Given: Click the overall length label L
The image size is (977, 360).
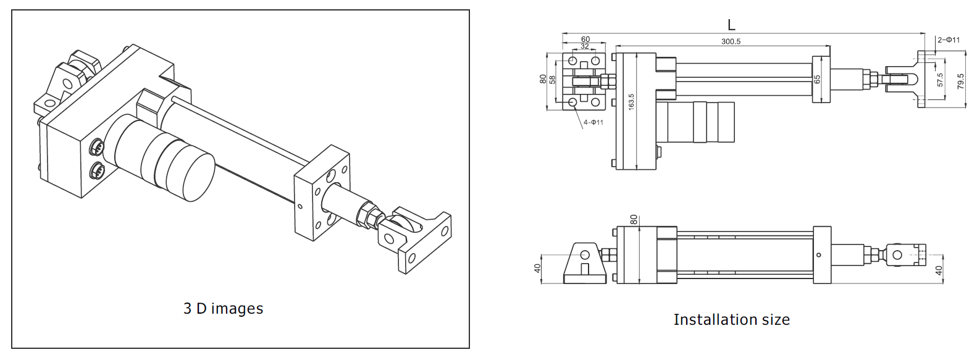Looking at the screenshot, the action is point(731,25).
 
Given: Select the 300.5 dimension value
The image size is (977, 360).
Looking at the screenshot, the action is point(731,41).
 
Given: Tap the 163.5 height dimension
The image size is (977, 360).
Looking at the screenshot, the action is point(631,102).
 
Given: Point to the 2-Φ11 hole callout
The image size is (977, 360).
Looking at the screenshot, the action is point(949,40).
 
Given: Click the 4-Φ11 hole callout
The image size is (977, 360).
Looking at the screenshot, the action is point(593,122).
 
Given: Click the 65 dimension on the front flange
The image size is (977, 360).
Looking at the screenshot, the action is point(817,80).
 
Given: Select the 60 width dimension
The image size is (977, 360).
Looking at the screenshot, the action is point(585,40).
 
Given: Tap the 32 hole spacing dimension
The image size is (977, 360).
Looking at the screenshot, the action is point(585,46).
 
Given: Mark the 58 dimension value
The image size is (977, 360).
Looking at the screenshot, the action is point(553,80).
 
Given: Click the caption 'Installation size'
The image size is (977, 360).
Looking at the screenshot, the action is point(731,319).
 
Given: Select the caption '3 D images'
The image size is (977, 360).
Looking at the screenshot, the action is point(224,309).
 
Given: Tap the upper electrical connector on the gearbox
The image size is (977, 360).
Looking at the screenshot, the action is point(97,147).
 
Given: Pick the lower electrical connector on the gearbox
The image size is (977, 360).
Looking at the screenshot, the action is point(97,170).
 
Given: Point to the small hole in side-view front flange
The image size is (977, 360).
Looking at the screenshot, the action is point(819,255).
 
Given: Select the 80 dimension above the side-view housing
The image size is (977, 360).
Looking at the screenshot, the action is point(634,219).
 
